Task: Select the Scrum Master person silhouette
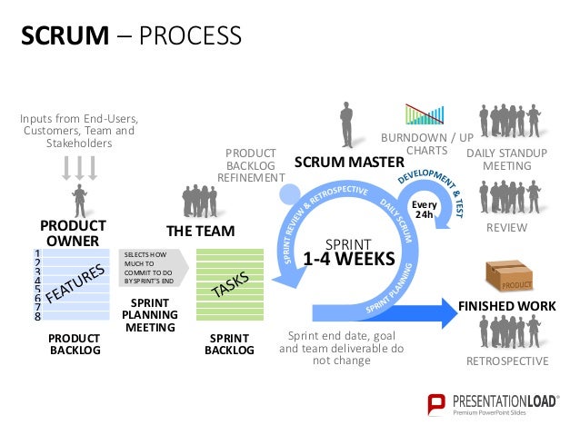coord(345,128)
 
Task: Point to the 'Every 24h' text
coord(425,209)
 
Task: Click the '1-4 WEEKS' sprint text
coord(348,259)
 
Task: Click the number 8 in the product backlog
coord(37,317)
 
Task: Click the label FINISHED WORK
coord(506,306)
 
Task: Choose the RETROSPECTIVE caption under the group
coord(506,361)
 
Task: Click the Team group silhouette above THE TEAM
coord(200,201)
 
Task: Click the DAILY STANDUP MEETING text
coord(506,160)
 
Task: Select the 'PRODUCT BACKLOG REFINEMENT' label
coord(251,165)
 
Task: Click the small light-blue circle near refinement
coord(288,193)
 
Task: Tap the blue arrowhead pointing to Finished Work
coord(445,311)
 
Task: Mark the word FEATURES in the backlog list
coord(78,284)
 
